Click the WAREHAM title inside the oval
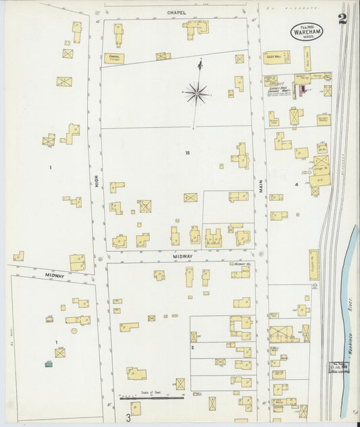tap(307, 30)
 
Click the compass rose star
tap(197, 93)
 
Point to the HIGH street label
tap(97, 180)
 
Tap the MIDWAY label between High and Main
tap(182, 257)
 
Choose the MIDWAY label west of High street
tap(55, 276)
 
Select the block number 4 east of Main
tap(296, 183)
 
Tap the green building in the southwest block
tap(49, 364)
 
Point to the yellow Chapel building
tap(113, 59)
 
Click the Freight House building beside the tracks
tap(313, 265)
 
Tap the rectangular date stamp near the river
tap(340, 367)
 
